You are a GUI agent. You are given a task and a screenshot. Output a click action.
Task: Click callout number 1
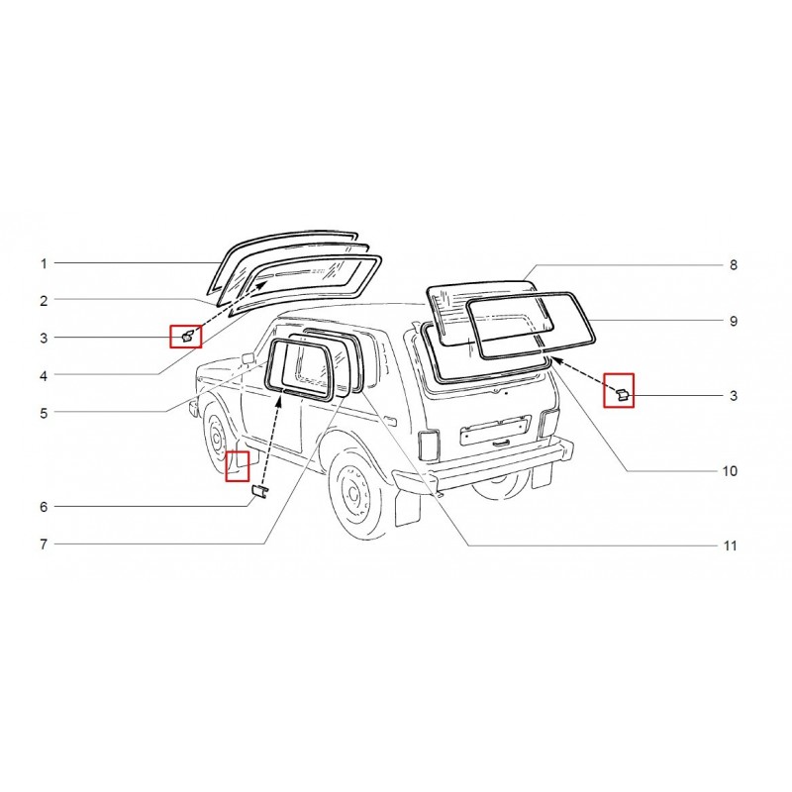click(44, 263)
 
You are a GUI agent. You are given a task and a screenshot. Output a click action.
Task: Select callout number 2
click(44, 301)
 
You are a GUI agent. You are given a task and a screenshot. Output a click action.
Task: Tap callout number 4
click(44, 376)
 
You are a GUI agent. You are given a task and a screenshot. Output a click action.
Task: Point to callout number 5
click(44, 413)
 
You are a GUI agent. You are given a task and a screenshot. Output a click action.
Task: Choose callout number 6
click(44, 507)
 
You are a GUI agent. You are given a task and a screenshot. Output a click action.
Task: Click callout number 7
click(44, 544)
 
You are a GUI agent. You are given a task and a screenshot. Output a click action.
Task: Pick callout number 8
click(734, 265)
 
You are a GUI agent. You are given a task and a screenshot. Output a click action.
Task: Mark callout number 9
click(734, 321)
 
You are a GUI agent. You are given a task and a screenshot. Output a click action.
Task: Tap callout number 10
click(730, 471)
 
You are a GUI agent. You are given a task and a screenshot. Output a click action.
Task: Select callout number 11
click(730, 546)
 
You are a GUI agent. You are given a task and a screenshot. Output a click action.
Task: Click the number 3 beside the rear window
click(734, 395)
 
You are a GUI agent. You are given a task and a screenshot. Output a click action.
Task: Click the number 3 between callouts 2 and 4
click(44, 338)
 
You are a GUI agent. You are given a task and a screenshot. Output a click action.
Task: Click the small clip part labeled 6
click(259, 491)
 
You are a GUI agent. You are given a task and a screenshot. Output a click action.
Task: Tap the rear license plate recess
click(496, 430)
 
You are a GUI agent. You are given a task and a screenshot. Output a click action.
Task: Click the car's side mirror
click(248, 358)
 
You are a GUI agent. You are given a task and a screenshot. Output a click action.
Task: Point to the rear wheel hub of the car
click(351, 492)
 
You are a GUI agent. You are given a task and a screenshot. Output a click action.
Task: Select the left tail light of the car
click(429, 445)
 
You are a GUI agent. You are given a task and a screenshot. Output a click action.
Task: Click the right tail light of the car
click(549, 424)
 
